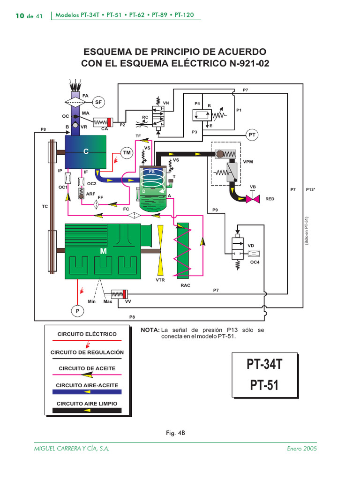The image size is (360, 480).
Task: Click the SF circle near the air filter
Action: tap(98, 102)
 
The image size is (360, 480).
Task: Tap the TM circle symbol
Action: tap(127, 153)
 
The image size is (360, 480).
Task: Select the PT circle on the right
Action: tap(252, 135)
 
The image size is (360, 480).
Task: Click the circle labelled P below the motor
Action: tap(77, 310)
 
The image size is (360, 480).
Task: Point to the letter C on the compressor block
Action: tap(86, 151)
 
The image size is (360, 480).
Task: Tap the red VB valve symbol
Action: tap(253, 199)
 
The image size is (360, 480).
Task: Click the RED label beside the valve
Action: tap(270, 199)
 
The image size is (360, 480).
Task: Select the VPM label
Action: tap(248, 161)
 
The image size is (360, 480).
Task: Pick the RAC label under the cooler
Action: tap(185, 285)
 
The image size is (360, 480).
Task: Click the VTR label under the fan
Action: tap(161, 280)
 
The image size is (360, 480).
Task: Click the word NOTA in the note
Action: tap(150, 330)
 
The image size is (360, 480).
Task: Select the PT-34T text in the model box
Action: tap(265, 364)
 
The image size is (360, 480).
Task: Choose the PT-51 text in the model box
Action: tap(265, 385)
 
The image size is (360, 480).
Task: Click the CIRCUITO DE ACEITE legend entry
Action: tap(87, 368)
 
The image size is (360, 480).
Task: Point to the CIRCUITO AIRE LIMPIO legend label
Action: tap(87, 403)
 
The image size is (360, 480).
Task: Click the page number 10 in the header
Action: tap(20, 16)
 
